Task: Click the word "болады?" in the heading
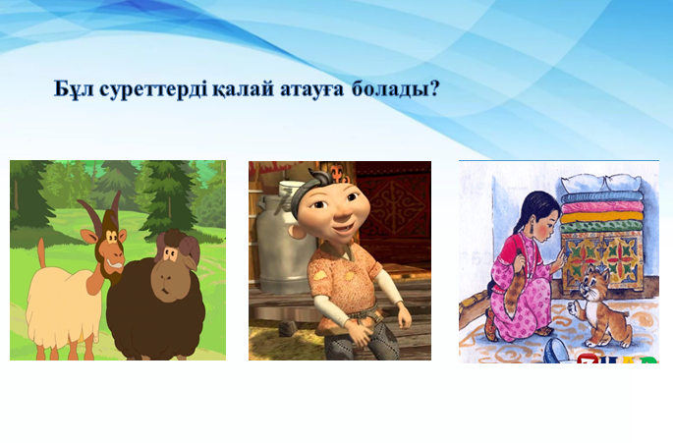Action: [x=396, y=89]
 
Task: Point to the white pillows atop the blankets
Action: [x=601, y=185]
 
